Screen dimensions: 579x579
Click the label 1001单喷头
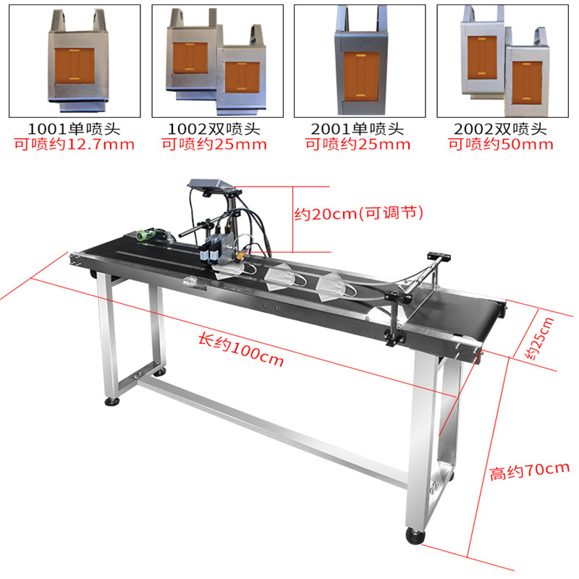click(x=75, y=129)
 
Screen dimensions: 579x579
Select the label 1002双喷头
click(x=214, y=129)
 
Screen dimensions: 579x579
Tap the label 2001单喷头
click(x=358, y=129)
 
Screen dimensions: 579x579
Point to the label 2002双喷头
click(x=500, y=129)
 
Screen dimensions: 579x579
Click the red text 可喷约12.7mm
click(x=75, y=144)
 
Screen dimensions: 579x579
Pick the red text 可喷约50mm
click(x=501, y=144)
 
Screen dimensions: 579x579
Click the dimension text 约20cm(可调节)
click(x=358, y=214)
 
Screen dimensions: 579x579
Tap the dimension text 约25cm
click(x=539, y=339)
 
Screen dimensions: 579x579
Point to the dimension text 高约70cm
click(x=529, y=472)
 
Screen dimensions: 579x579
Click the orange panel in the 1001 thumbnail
click(x=75, y=66)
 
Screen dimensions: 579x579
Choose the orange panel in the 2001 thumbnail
click(x=361, y=77)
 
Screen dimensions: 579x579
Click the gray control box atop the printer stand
click(x=211, y=185)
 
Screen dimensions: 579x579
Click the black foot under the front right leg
click(x=415, y=536)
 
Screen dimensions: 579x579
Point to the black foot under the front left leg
click(x=112, y=401)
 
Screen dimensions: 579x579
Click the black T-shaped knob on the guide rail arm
click(x=439, y=255)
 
